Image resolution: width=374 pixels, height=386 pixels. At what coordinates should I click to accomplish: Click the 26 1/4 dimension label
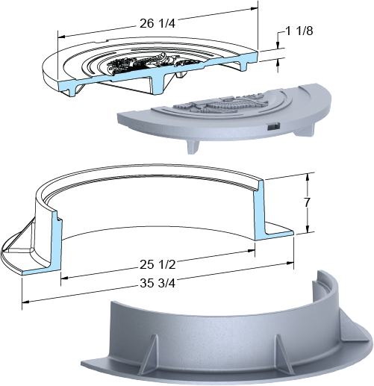(x=158, y=23)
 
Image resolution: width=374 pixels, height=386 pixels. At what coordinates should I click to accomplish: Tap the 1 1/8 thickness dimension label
(x=299, y=31)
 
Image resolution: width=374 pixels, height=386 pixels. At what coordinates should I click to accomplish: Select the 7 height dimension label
(x=308, y=202)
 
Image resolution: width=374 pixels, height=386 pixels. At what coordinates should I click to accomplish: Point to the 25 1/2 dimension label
(x=158, y=264)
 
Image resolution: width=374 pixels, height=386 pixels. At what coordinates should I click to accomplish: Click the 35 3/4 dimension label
(x=158, y=283)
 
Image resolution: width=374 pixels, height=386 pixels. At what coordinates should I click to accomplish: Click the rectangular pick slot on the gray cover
(x=274, y=126)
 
